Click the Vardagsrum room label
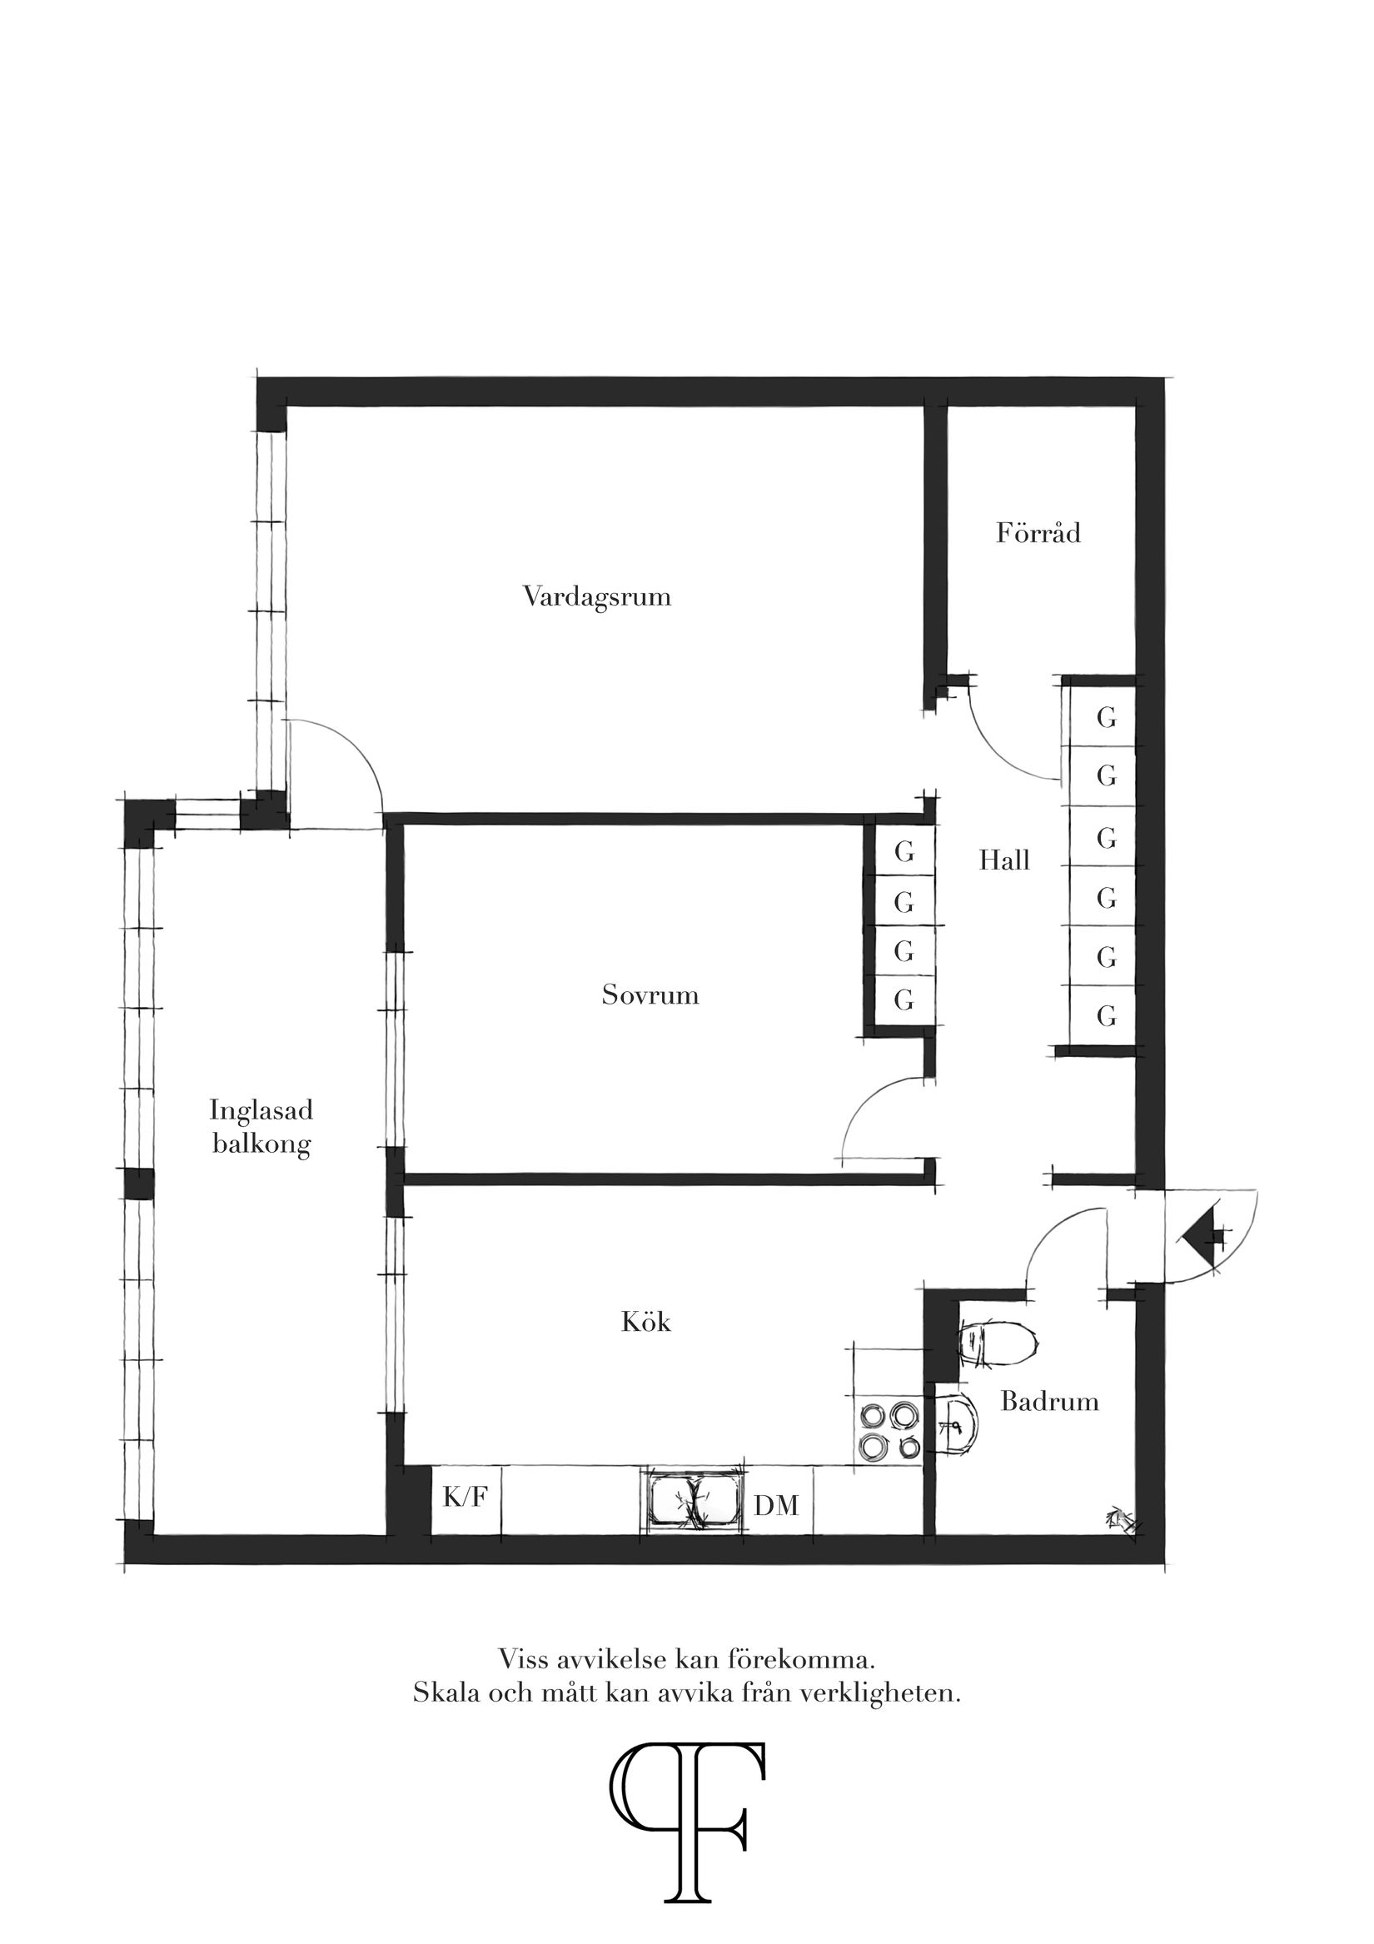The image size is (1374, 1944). [597, 597]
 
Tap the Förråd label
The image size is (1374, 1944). [1038, 533]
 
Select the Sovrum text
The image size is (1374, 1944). [650, 994]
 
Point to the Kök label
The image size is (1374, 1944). [646, 1323]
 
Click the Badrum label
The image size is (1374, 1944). [1050, 1401]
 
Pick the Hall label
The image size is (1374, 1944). [1004, 861]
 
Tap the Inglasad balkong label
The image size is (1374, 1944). [261, 1127]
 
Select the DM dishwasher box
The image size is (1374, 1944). [776, 1504]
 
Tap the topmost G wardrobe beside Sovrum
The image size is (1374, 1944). [904, 853]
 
